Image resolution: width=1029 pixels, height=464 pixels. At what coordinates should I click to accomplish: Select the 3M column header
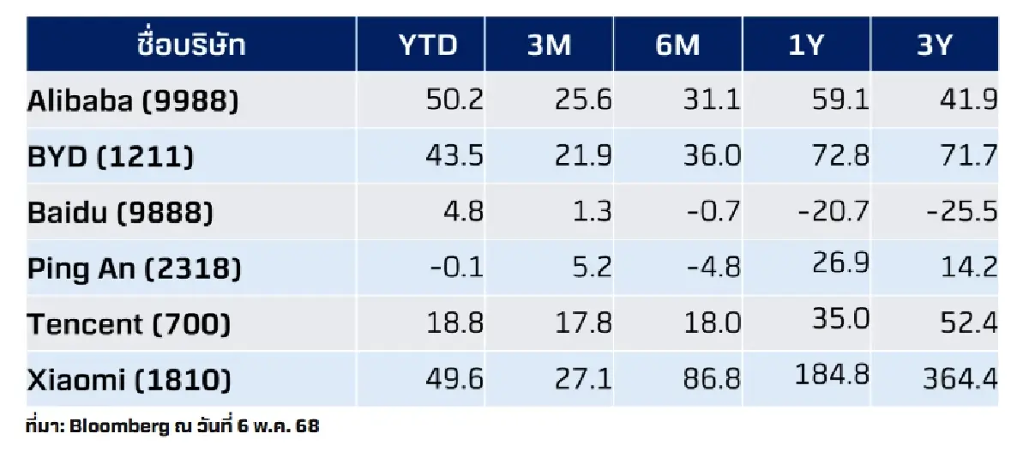[549, 45]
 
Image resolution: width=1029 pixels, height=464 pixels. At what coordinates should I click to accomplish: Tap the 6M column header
[677, 45]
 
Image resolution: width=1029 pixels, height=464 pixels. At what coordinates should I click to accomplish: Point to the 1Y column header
[807, 45]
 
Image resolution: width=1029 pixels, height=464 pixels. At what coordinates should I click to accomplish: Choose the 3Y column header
[935, 45]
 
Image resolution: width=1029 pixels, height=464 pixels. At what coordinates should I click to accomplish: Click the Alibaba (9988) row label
[133, 102]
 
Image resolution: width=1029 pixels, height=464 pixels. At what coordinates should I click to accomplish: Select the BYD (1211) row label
[111, 157]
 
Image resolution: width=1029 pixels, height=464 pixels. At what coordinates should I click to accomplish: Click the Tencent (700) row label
[129, 324]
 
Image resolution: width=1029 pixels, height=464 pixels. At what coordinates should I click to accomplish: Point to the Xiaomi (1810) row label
[129, 380]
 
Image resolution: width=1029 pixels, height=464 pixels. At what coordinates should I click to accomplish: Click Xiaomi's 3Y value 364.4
[960, 379]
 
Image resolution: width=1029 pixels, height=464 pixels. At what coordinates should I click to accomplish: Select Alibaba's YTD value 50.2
[454, 101]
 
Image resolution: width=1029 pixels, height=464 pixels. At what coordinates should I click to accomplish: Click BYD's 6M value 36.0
[713, 157]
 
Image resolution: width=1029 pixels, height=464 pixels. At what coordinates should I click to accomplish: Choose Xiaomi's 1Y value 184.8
[833, 376]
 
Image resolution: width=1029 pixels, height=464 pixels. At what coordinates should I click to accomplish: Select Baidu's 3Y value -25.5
[962, 212]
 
